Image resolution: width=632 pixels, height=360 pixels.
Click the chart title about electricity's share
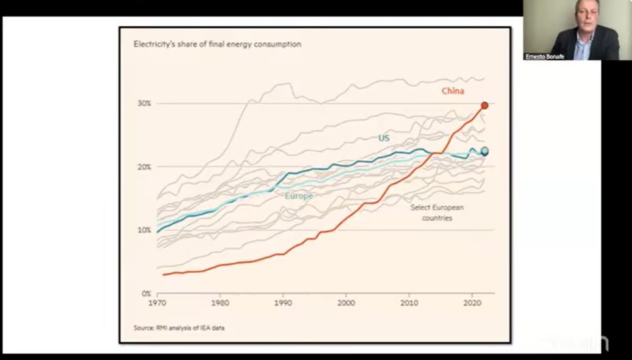click(x=217, y=44)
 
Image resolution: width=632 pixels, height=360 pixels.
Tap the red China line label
click(x=453, y=91)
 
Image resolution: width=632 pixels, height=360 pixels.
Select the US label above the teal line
click(x=384, y=138)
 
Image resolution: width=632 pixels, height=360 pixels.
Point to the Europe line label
click(x=298, y=196)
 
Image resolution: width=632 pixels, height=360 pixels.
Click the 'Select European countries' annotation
click(x=437, y=212)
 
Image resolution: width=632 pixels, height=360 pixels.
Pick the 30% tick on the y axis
click(x=144, y=103)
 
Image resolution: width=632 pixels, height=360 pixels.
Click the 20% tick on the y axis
click(x=144, y=167)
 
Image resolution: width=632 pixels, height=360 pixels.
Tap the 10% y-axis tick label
click(x=144, y=230)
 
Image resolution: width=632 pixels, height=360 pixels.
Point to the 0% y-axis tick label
click(x=146, y=293)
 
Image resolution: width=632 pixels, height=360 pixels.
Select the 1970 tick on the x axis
click(x=158, y=303)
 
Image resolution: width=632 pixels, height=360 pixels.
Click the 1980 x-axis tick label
click(x=220, y=303)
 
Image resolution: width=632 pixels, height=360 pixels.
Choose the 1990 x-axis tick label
click(x=283, y=303)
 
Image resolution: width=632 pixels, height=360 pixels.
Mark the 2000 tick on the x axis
click(x=346, y=303)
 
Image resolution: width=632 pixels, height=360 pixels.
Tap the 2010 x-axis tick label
click(x=409, y=303)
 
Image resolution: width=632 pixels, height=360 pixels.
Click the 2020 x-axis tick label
click(x=472, y=303)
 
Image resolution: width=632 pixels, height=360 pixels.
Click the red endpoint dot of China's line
click(x=484, y=105)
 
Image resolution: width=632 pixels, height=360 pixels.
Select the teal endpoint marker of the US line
click(x=484, y=152)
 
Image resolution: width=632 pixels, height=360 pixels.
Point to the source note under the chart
click(x=178, y=328)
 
